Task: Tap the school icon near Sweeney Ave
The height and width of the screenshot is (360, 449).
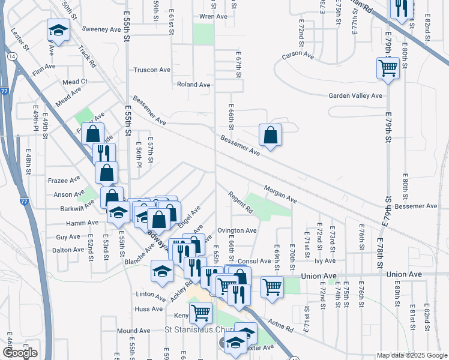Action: point(58,29)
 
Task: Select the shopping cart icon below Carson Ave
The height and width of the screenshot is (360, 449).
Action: point(388,68)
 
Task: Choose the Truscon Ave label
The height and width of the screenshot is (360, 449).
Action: point(152,70)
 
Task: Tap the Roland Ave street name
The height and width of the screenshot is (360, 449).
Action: point(193,85)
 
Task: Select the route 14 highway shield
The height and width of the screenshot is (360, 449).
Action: point(12,56)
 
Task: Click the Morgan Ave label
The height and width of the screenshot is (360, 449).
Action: point(280,193)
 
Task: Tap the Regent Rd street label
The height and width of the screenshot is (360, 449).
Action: point(240,203)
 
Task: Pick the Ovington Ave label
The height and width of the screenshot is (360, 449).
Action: point(237,230)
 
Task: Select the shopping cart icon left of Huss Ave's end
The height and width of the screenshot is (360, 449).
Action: point(200,312)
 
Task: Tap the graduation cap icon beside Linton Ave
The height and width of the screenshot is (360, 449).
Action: point(162,271)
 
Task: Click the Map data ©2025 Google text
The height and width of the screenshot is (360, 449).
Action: point(411,355)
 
